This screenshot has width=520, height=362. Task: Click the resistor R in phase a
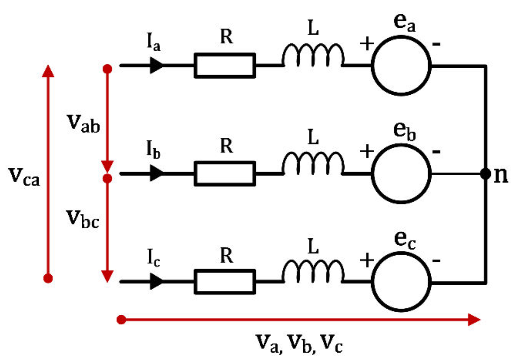coord(225,66)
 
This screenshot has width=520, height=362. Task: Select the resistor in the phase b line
coord(225,174)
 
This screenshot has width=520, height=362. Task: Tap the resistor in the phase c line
coord(225,282)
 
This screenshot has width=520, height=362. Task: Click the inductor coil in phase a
coord(313,56)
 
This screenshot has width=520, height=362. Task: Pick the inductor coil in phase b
coord(313,164)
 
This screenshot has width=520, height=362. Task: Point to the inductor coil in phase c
coord(313,272)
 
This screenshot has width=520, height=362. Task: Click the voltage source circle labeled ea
coord(401,66)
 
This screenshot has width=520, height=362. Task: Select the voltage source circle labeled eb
coord(401,174)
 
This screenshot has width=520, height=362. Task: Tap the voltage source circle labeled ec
coord(401,282)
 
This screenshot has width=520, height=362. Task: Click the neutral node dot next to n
coord(486,174)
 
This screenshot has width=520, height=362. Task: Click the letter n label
coord(501,175)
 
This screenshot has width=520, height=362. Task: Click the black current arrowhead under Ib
coord(156,174)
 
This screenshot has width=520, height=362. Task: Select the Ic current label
coord(153,258)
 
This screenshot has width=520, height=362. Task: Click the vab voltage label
coord(83,124)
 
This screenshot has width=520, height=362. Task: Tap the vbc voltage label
coord(82,219)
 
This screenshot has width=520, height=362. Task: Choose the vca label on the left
coord(24,176)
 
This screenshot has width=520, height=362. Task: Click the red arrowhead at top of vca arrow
coord(48,71)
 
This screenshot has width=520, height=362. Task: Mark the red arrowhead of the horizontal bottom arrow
coord(474,320)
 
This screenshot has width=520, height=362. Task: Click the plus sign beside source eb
coord(367,152)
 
